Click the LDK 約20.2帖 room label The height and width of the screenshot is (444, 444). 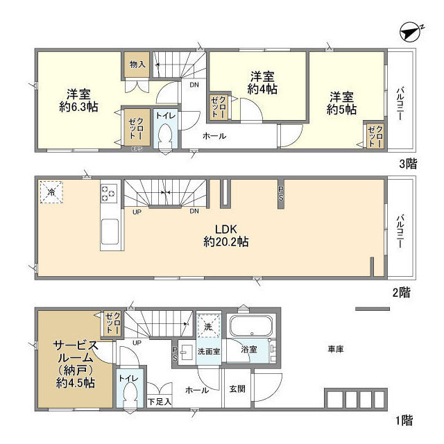point(226,236)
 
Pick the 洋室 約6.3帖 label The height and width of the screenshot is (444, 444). point(78,101)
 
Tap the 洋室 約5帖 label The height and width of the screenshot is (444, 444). point(343,103)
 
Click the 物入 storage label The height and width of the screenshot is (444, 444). point(137,65)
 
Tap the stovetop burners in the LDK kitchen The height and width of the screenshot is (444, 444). point(109,193)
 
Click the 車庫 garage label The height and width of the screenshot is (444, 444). point(336,349)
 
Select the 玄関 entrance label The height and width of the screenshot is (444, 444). point(237,389)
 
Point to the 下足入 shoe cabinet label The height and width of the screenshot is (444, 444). point(160,402)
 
